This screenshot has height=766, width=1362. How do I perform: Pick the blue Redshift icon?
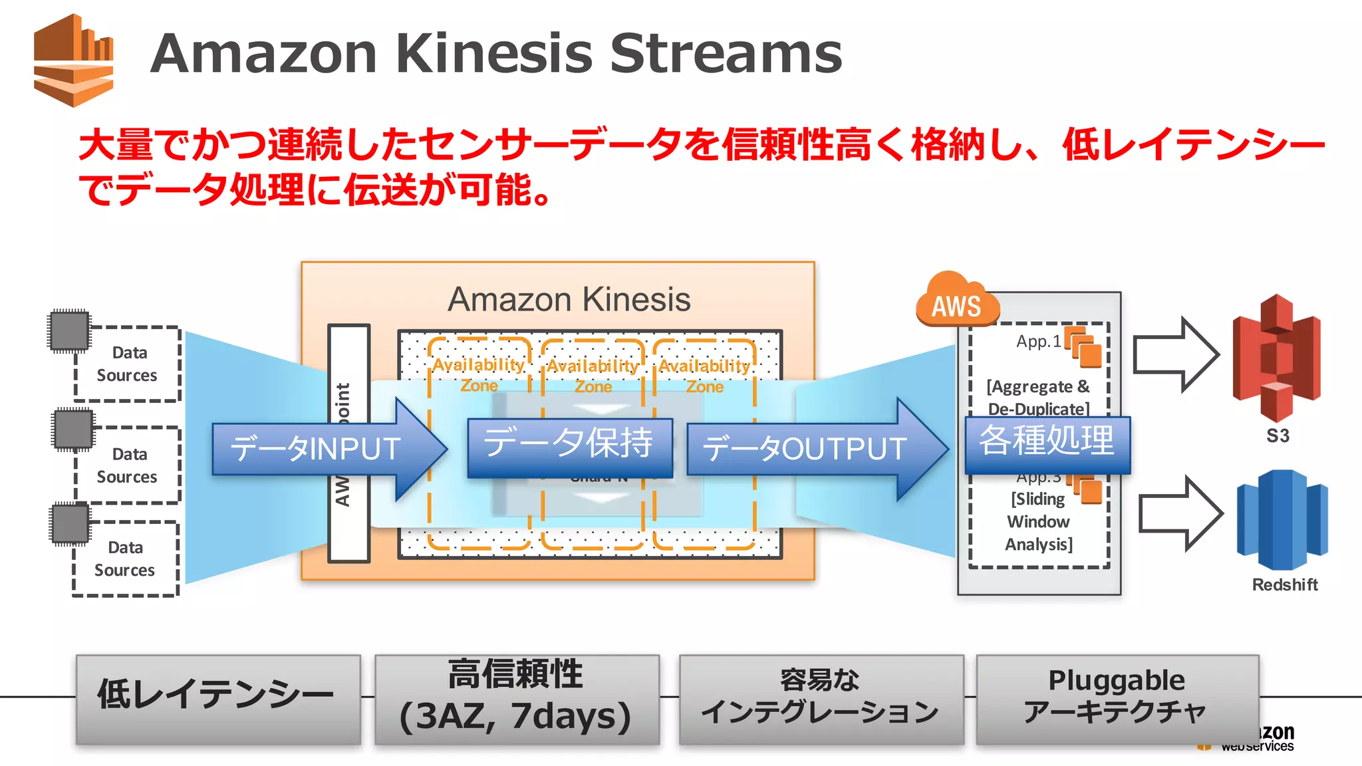pos(1282,519)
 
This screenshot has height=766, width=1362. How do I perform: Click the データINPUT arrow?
pos(326,449)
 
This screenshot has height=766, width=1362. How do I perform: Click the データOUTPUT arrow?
pos(811,449)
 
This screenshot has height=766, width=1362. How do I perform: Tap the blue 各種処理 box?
pos(1047,443)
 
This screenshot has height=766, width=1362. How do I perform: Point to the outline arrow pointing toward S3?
pos(1175,355)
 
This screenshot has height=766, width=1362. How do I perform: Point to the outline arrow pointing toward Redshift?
pos(1180,514)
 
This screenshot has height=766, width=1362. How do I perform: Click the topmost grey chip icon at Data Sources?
pos(69,330)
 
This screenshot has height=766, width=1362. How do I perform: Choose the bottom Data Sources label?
pos(125,559)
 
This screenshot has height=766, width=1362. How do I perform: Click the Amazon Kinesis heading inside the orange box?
pos(569,300)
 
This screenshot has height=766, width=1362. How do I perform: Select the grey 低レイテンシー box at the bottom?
pos(218,698)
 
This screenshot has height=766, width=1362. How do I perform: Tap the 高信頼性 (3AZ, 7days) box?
pos(517,698)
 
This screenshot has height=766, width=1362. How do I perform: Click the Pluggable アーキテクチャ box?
pos(1117,698)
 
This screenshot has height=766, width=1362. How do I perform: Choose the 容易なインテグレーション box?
pos(821,698)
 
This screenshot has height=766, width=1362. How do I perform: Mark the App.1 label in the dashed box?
pos(1038,342)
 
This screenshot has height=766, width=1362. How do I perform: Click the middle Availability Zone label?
pos(593,376)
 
